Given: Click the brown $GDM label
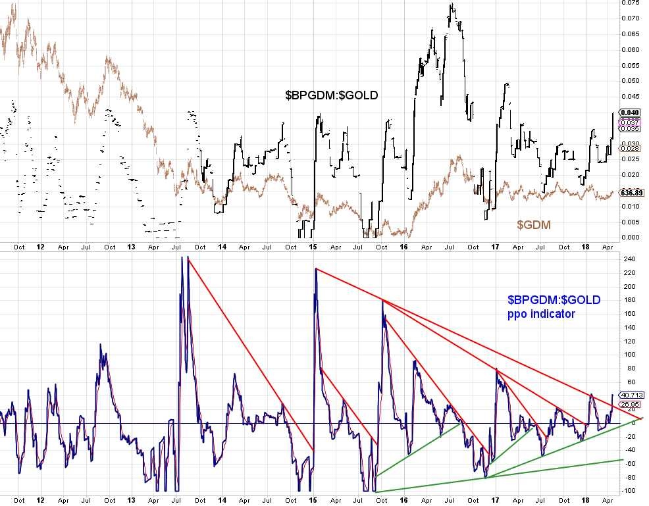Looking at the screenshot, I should pos(533,225).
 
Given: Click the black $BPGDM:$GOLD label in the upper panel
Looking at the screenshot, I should pos(331,95).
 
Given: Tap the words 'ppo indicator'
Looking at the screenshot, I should pos(540,315).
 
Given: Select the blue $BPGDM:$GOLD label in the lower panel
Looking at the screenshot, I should pos(553,300).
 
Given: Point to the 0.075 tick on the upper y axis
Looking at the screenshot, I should pos(631,3).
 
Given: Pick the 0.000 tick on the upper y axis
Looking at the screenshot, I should pos(631,237).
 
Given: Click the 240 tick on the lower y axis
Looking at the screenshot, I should pos(629,259).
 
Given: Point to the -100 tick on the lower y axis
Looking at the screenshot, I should pos(629,491).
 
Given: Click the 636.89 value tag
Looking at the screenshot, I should pos(631,193).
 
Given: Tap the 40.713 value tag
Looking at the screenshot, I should pos(631,395).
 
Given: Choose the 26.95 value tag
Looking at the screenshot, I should pos(630,404).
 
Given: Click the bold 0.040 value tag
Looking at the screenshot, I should pos(630,113).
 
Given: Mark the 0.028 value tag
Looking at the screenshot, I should pos(630,149).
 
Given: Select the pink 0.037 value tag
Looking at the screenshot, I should pos(630,122).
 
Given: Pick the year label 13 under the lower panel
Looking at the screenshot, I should pos(130,500).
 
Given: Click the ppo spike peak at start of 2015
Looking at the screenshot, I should pos(316,268).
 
